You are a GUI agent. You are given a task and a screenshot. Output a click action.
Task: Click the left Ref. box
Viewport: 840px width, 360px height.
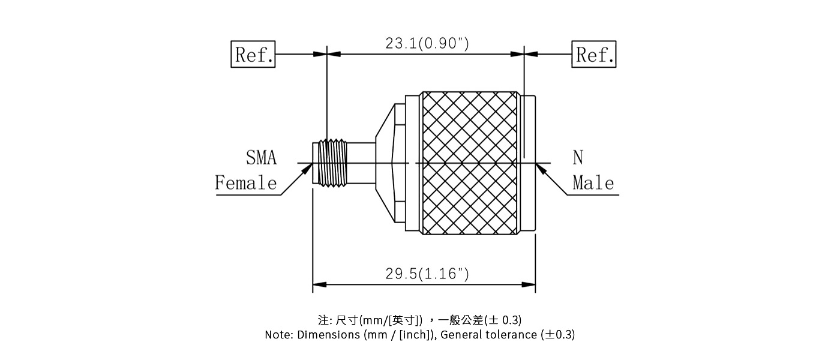pos(253,55)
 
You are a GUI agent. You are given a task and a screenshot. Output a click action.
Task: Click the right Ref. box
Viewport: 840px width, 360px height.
pos(594,55)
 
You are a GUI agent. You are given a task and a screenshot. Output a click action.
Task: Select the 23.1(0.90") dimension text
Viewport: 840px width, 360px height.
pos(427,43)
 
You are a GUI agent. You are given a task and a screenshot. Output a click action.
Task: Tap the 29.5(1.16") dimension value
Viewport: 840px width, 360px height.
pos(427,274)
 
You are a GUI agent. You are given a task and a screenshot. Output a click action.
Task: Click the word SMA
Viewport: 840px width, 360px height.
pos(262,158)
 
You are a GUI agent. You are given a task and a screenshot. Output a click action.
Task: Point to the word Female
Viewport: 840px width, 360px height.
pos(246,182)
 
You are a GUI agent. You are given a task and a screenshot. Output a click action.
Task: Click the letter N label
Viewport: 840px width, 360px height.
pos(577,158)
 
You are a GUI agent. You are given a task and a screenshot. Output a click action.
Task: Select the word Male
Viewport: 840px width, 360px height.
pos(593,182)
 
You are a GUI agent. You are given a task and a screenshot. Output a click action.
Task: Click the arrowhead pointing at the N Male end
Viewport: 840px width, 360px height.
pos(541,169)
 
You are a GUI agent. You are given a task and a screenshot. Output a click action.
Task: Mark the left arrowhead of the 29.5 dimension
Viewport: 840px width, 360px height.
pos(318,284)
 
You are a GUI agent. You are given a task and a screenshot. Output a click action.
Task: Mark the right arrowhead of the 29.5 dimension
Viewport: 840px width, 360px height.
pos(530,284)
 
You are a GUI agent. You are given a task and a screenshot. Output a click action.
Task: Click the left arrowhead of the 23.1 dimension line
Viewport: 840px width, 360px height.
pos(334,54)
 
